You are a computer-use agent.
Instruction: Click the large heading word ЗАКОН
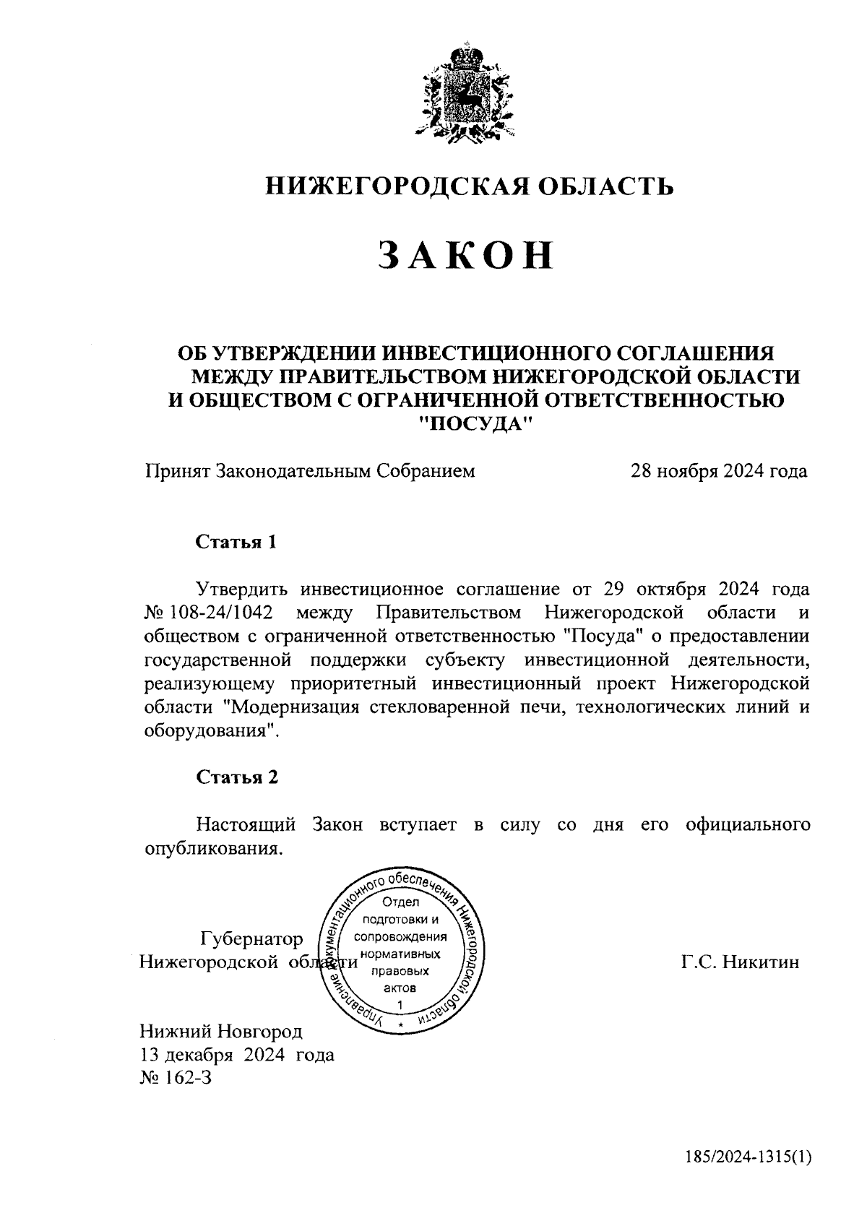pos(466,256)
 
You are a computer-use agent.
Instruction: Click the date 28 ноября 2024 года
pos(719,472)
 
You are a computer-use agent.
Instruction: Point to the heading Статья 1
pos(236,542)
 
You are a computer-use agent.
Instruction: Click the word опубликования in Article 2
pos(212,847)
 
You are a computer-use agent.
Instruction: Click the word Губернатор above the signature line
pos(251,939)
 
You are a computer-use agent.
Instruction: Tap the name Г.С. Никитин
pos(740,962)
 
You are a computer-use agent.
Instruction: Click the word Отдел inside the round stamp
pos(400,902)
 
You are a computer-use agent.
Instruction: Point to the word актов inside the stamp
pos(399,988)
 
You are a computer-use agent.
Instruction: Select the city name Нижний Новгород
pos(220,1031)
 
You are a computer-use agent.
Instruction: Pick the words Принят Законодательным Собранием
pos(310,472)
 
